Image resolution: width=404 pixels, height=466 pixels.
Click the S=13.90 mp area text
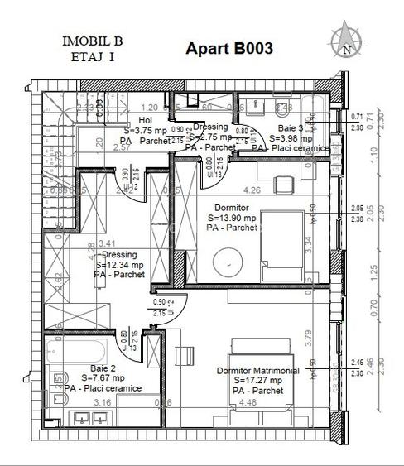pos(234,218)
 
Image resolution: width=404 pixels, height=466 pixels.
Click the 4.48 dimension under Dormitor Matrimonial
pos(247,403)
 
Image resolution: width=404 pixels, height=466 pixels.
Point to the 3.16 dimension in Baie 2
pos(103,403)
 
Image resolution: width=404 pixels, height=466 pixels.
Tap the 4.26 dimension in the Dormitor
pos(252,190)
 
